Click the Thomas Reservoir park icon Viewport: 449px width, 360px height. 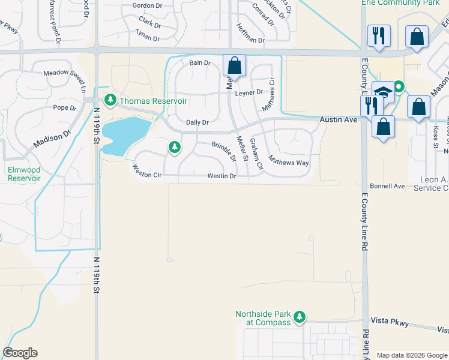pyautogui.click(x=110, y=100)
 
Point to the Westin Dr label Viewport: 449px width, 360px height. pyautogui.click(x=221, y=176)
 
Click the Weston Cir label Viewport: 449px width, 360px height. pyautogui.click(x=147, y=174)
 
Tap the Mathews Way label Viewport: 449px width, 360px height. pyautogui.click(x=288, y=161)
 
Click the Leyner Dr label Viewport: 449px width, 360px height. pyautogui.click(x=249, y=92)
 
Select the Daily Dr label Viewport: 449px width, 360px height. pyautogui.click(x=197, y=122)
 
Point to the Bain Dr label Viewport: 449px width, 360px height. pyautogui.click(x=200, y=62)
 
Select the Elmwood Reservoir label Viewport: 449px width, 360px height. pyautogui.click(x=23, y=174)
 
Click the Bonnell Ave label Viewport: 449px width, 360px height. pyautogui.click(x=387, y=186)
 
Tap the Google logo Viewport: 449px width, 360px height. pyautogui.click(x=20, y=353)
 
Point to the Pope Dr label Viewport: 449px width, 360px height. pyautogui.click(x=65, y=108)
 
